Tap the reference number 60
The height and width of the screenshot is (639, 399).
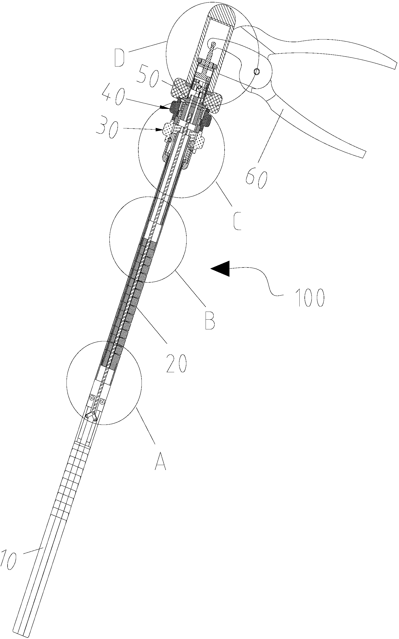256,179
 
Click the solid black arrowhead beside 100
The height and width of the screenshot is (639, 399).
220,268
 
